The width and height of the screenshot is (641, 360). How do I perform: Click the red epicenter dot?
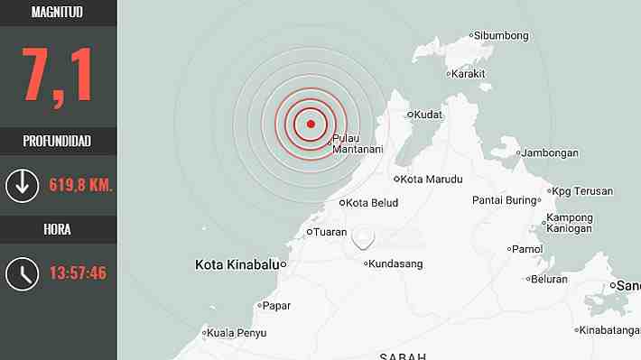click(x=311, y=125)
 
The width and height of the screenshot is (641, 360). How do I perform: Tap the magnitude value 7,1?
click(x=58, y=76)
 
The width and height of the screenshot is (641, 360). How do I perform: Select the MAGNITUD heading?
click(x=58, y=13)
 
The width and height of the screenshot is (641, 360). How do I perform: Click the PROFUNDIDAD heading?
click(x=58, y=141)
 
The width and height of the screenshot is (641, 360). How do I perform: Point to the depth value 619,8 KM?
click(x=79, y=185)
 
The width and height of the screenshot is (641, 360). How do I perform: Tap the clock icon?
click(x=22, y=272)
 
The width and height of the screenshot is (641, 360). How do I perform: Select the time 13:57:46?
click(x=78, y=272)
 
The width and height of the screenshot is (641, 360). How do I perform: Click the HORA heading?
click(x=58, y=229)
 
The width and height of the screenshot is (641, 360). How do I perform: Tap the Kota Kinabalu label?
click(x=237, y=264)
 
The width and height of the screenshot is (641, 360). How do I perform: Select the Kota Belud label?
click(x=369, y=202)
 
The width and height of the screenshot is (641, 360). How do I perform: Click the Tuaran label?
click(x=330, y=232)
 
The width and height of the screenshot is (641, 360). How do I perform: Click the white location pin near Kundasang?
click(x=364, y=237)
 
